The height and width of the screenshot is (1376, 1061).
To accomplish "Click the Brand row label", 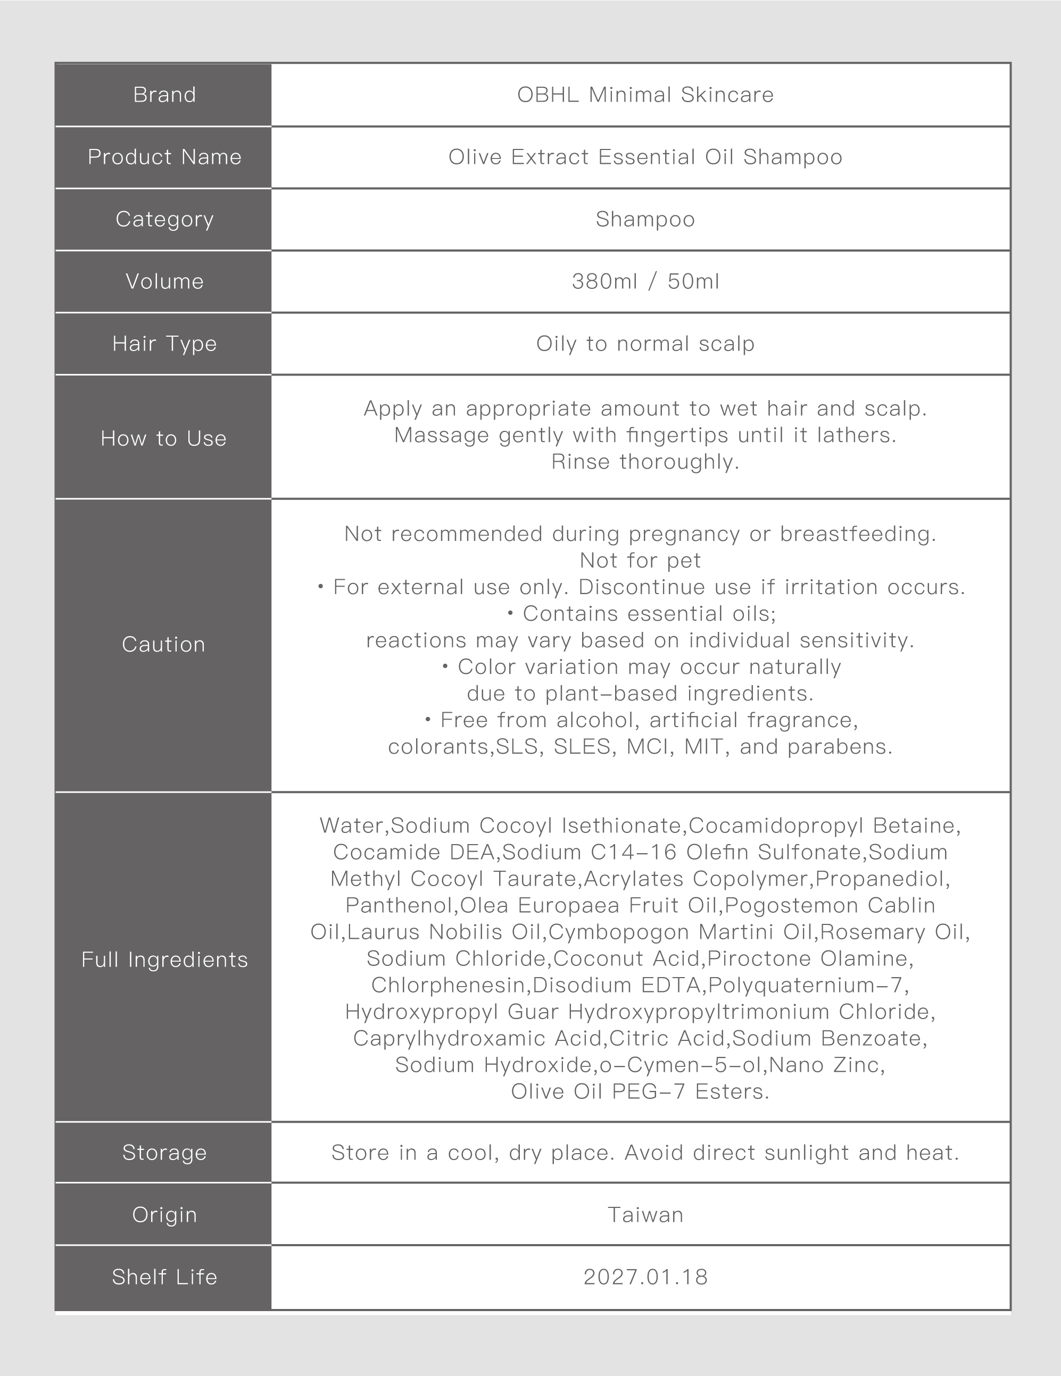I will point(164,95).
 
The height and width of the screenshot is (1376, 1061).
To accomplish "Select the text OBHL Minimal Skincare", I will point(645,95).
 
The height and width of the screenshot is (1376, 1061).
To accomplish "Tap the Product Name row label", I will point(164,157).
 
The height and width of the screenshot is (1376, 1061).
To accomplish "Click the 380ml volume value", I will point(604,281).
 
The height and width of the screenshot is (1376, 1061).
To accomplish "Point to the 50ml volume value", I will point(693,281).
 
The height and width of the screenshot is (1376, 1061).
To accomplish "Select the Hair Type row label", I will point(164,344).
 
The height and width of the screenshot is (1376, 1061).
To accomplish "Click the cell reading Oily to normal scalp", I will point(645,344).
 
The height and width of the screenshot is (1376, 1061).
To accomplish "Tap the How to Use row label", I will point(163,438).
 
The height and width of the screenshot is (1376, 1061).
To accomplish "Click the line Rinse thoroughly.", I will point(645,462).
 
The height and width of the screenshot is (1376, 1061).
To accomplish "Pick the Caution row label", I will point(163,644).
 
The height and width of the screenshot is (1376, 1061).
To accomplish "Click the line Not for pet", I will point(640,560).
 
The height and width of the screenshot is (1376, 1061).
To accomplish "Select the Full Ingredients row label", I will point(164,960).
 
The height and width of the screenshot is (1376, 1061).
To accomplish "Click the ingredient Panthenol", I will point(399,905).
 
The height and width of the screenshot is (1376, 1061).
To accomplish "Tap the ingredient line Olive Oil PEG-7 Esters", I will point(640,1091).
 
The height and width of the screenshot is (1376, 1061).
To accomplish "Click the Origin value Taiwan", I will point(645,1215).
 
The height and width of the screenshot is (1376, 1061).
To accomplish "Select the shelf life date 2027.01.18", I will point(645,1277).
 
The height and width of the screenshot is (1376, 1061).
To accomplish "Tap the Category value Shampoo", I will point(645,219).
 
